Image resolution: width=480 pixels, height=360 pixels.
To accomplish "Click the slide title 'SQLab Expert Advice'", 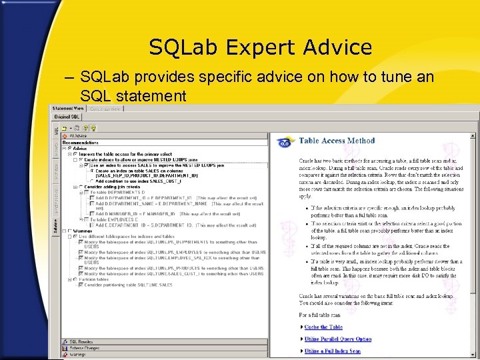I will tap(260, 47).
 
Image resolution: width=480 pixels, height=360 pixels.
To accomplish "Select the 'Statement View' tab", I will tap(69, 108).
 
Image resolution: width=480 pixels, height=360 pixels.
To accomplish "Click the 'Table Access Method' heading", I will tap(337, 141).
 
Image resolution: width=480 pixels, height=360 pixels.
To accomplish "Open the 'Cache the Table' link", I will tap(323, 327).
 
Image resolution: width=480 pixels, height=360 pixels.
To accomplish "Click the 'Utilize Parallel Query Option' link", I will tap(338, 339).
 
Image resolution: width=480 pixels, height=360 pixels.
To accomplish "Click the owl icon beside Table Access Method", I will tap(285, 142).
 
